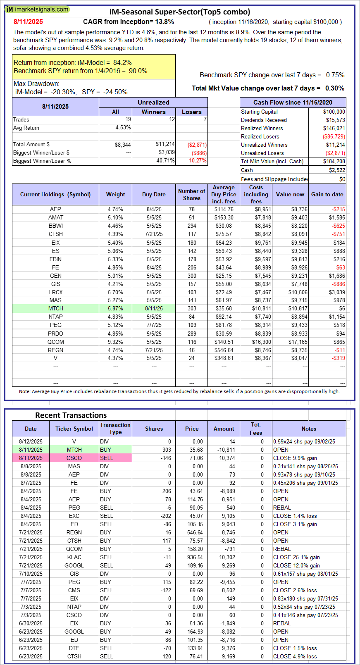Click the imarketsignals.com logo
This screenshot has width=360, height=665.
pos(38,9)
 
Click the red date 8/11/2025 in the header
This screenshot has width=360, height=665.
pos(28,21)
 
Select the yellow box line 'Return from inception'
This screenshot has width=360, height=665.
pos(72,62)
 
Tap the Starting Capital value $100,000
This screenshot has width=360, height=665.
pos(334,112)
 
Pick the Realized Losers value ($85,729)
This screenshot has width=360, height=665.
pos(334,136)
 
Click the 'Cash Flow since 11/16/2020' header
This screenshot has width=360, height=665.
pos(293,102)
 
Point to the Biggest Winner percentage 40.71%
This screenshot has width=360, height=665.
pos(165,160)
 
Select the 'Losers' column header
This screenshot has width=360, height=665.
pos(191,112)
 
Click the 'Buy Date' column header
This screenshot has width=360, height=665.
pos(154,194)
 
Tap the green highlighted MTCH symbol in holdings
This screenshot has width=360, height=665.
pos(56,308)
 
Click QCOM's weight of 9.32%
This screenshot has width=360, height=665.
pos(115,342)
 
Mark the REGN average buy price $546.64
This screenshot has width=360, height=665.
pos(224,350)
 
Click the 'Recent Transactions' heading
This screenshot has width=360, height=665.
pos(71,415)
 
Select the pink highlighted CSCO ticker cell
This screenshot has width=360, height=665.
pos(74,458)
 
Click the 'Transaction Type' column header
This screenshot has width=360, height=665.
pos(115,428)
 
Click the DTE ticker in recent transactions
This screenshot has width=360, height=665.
pos(74,648)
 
